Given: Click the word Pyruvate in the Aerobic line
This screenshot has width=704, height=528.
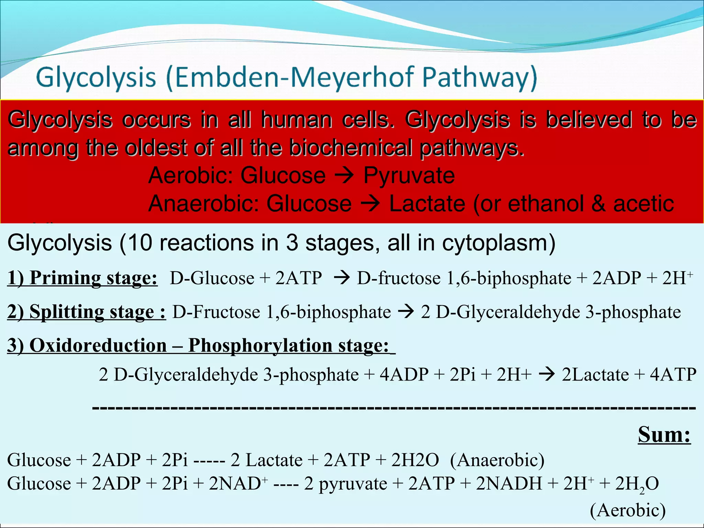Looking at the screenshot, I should (x=409, y=175).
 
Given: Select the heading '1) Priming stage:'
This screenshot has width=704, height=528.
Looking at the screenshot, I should (x=82, y=278).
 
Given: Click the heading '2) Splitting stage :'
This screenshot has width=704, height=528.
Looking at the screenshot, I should (x=86, y=312).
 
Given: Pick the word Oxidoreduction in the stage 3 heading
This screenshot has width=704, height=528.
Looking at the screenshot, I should (x=98, y=345).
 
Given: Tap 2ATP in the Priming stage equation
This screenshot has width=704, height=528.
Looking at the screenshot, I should (x=298, y=278).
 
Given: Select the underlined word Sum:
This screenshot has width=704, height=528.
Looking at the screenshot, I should (x=664, y=435).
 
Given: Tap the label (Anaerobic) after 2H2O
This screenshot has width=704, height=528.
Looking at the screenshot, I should (x=497, y=460).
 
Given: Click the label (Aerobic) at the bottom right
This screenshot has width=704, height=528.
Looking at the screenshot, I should (x=628, y=510).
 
